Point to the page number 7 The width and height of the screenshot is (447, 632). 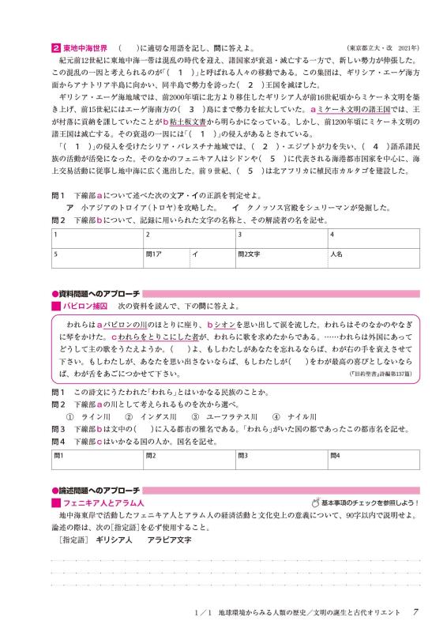[426, 613]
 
